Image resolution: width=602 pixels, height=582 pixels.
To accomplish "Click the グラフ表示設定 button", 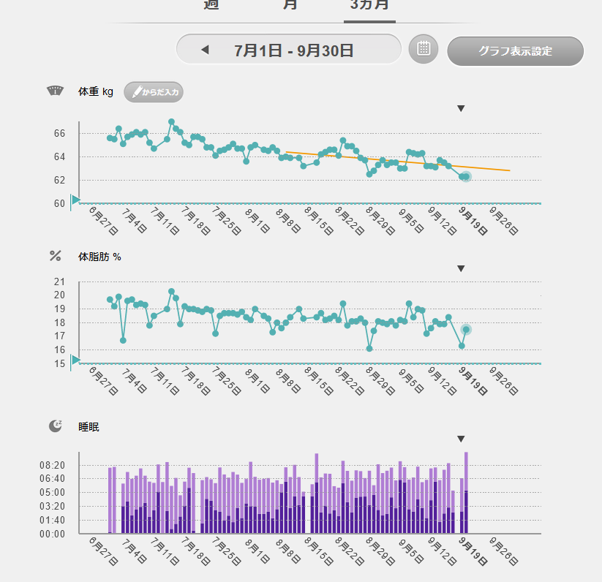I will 515,51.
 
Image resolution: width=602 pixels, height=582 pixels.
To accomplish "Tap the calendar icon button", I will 423,49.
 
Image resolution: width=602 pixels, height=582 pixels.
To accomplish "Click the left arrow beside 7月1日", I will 205,50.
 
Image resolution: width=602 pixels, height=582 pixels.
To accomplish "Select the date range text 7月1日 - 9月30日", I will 294,50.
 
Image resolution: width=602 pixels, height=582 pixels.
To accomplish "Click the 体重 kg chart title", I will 96,91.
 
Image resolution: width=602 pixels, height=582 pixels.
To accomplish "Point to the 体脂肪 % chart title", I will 99,257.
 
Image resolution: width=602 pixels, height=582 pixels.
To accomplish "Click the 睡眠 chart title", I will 89,427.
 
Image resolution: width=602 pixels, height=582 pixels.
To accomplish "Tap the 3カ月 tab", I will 369,4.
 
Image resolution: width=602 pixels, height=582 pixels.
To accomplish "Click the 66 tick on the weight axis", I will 59,134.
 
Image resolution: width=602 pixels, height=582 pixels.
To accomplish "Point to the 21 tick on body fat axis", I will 59,281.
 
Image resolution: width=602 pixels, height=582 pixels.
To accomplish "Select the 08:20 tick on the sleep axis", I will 52,465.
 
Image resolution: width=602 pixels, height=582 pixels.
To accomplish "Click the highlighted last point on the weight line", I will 465,177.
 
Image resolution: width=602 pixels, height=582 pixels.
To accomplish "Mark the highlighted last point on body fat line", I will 466,330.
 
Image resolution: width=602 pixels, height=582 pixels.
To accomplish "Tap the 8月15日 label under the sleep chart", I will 315,550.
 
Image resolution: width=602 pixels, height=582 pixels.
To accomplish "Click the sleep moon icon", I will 56,426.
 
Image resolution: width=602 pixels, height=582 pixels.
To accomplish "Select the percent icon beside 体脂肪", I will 56,256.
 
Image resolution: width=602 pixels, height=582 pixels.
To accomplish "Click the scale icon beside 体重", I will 56,91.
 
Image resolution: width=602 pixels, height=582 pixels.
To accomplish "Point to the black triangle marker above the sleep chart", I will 461,439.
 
